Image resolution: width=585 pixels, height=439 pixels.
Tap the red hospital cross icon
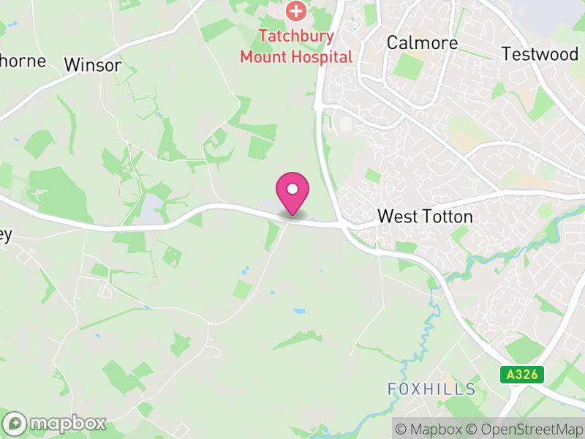point(296,11)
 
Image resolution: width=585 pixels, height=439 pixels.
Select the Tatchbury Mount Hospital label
point(296,46)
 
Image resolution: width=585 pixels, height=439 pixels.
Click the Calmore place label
point(422,42)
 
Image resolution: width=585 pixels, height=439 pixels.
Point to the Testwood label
point(540,53)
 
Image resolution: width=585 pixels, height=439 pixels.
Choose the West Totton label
point(425,217)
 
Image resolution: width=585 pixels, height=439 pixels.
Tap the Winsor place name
point(93,64)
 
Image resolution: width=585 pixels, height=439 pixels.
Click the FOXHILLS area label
point(431,389)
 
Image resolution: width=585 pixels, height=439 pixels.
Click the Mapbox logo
point(55,423)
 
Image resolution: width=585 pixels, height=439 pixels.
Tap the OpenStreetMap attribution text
point(524,429)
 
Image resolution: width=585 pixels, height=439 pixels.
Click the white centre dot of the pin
point(292,190)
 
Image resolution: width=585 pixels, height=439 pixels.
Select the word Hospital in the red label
point(322,56)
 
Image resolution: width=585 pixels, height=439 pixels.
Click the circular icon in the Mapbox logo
point(15,423)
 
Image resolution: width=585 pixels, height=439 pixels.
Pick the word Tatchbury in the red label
point(296,36)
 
